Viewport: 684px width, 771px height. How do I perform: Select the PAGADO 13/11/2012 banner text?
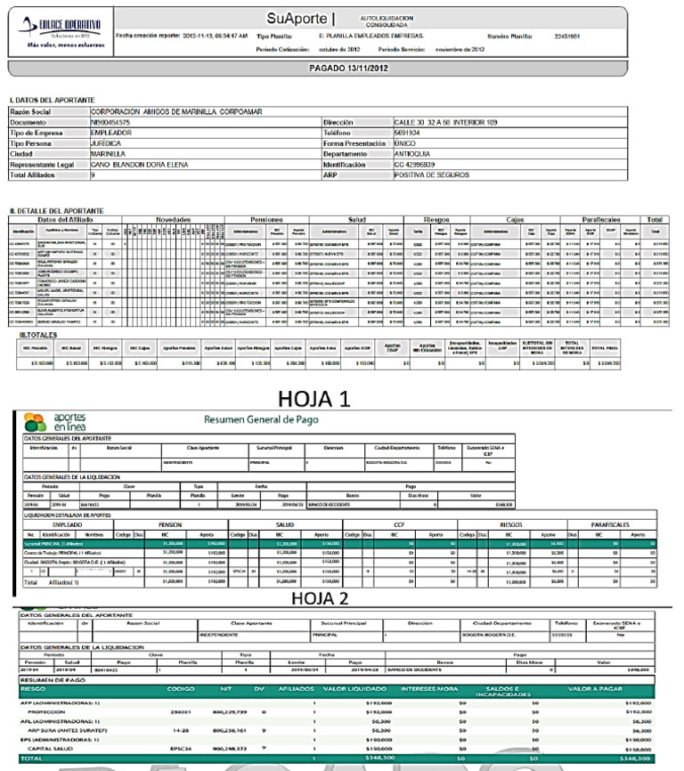tap(341, 67)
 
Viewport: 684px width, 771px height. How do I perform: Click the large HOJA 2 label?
tap(342, 548)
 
